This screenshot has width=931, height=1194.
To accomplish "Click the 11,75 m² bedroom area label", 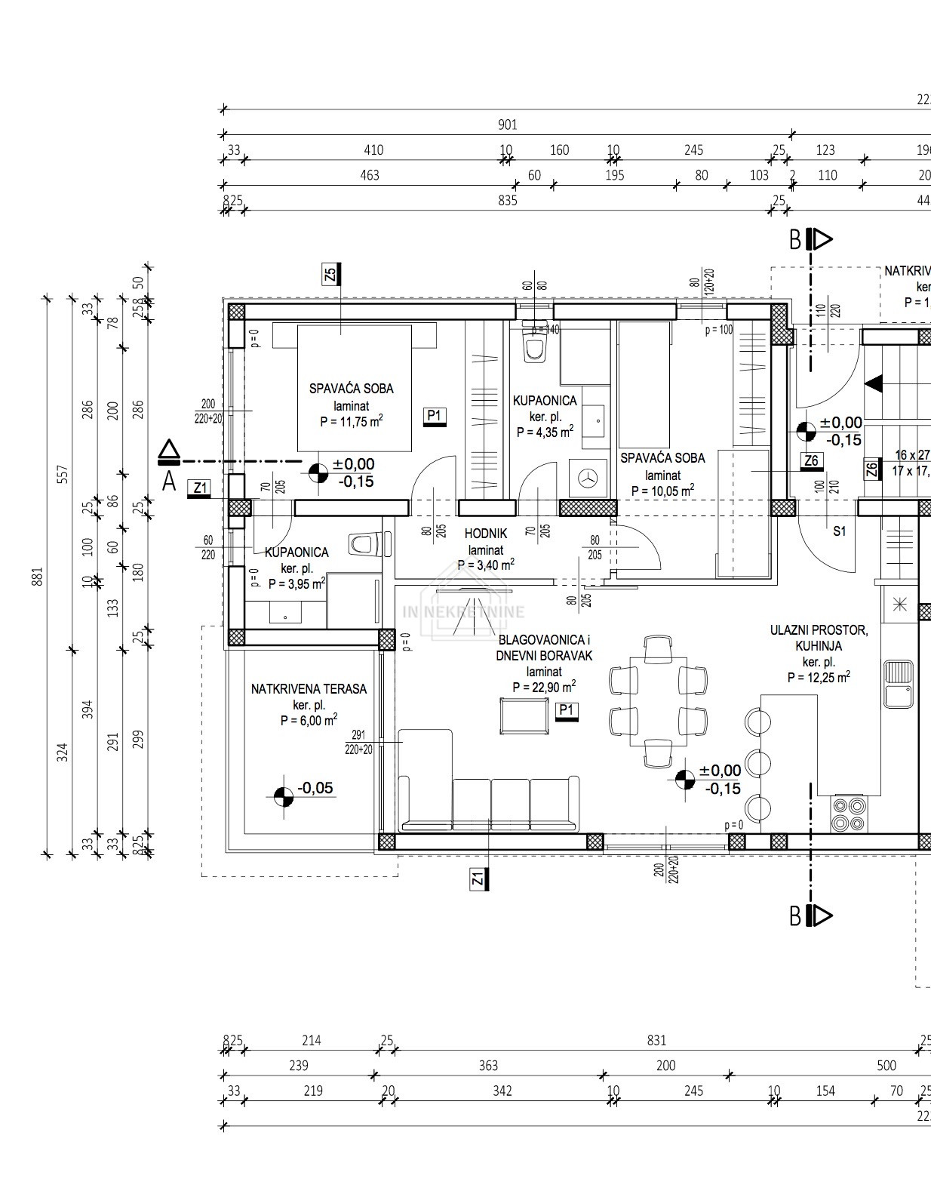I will click(x=351, y=421).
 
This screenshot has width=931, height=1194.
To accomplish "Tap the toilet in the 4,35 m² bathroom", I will click(x=535, y=347).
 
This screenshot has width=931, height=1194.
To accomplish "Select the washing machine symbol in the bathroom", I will click(x=588, y=477).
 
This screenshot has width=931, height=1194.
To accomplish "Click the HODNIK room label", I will click(x=486, y=534).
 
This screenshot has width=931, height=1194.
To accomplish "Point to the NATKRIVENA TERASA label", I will click(x=309, y=688).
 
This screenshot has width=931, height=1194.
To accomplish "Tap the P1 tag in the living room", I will click(x=566, y=710).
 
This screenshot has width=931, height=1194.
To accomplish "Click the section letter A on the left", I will click(x=169, y=480).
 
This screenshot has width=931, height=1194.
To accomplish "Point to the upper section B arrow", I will click(x=819, y=240).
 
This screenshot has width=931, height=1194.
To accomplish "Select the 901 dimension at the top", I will click(x=508, y=125).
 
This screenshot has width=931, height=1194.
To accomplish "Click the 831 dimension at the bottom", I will click(x=656, y=1040).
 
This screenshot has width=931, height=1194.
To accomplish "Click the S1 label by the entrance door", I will click(x=840, y=531).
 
